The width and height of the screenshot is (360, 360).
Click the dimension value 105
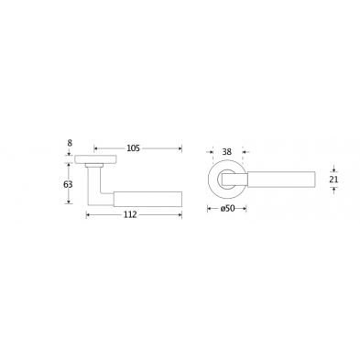tap(133, 148)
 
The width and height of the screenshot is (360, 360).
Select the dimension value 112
tap(130, 215)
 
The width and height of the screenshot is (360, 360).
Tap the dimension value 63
tap(68, 184)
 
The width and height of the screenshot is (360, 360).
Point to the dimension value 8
tap(70, 143)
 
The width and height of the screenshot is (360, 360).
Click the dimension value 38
tap(226, 152)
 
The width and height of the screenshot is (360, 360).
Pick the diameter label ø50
tap(227, 209)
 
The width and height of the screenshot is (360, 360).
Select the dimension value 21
tap(333, 180)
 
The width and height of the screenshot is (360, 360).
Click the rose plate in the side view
tap(96, 159)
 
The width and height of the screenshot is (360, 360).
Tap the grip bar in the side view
tap(147, 199)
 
